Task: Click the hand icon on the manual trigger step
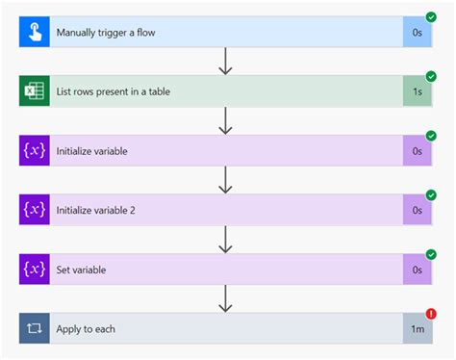tap(35, 33)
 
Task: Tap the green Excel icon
tap(35, 91)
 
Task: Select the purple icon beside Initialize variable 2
tap(35, 210)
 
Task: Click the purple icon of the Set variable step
tap(35, 270)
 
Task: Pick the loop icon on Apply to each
tap(35, 328)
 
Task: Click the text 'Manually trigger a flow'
tap(106, 33)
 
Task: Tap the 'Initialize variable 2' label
tap(103, 210)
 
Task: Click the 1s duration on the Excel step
tap(418, 91)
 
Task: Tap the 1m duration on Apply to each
tap(418, 329)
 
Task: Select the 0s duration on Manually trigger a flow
tap(418, 33)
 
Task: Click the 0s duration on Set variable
tap(418, 270)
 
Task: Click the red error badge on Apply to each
tap(431, 313)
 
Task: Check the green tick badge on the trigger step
tap(431, 17)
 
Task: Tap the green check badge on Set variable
tap(431, 254)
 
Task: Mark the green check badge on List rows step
tap(431, 76)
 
